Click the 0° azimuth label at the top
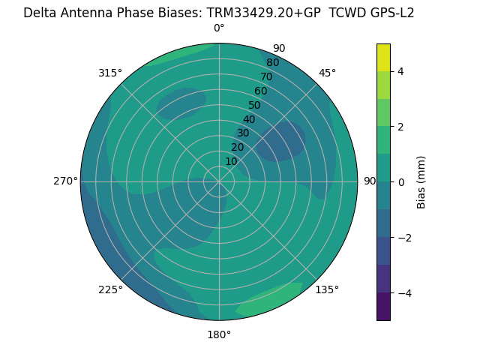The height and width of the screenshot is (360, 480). (x=219, y=28)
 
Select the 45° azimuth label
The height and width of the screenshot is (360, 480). (x=327, y=73)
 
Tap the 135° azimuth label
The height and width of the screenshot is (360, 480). (x=327, y=289)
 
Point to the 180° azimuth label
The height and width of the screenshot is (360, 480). (x=219, y=334)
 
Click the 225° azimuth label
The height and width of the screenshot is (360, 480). (x=110, y=289)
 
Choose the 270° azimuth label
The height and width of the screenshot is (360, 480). (x=65, y=181)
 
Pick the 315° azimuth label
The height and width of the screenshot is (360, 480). (x=110, y=73)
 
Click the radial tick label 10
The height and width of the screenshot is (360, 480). (x=231, y=161)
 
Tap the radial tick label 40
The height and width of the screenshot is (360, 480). (x=249, y=119)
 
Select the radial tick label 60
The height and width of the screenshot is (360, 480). (x=261, y=91)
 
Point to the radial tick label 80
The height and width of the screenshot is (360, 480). (x=272, y=63)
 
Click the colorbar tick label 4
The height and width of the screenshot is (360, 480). (x=400, y=71)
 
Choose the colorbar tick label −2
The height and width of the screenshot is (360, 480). (x=402, y=238)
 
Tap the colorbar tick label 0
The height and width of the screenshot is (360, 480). (x=400, y=182)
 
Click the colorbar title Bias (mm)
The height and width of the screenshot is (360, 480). (x=421, y=181)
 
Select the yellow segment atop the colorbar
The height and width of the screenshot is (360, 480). (x=383, y=57)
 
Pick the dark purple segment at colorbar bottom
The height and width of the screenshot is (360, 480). (x=383, y=306)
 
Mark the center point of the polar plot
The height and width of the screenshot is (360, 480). (x=219, y=181)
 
